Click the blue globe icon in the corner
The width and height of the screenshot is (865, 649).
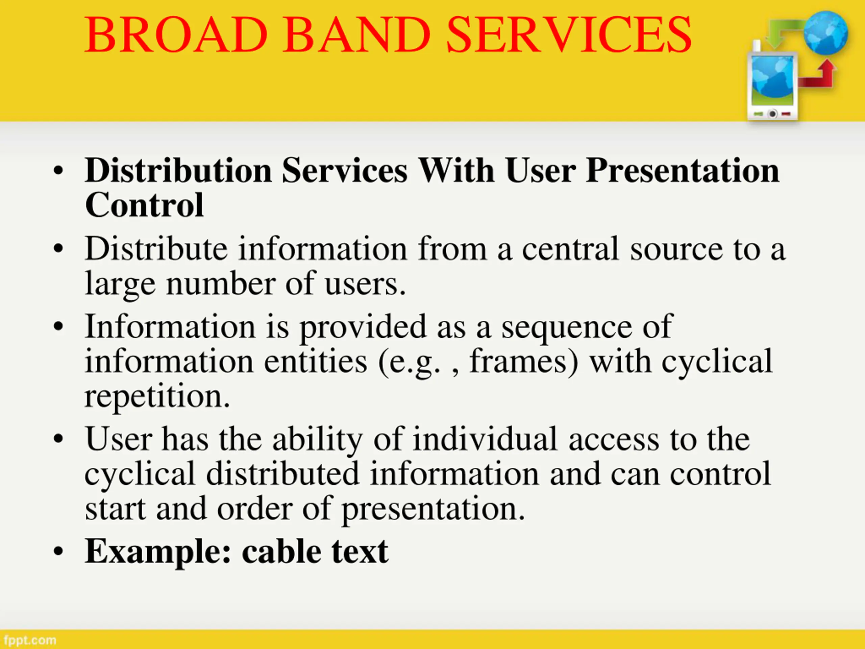[x=825, y=33]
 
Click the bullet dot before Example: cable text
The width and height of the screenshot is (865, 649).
[x=58, y=552]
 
